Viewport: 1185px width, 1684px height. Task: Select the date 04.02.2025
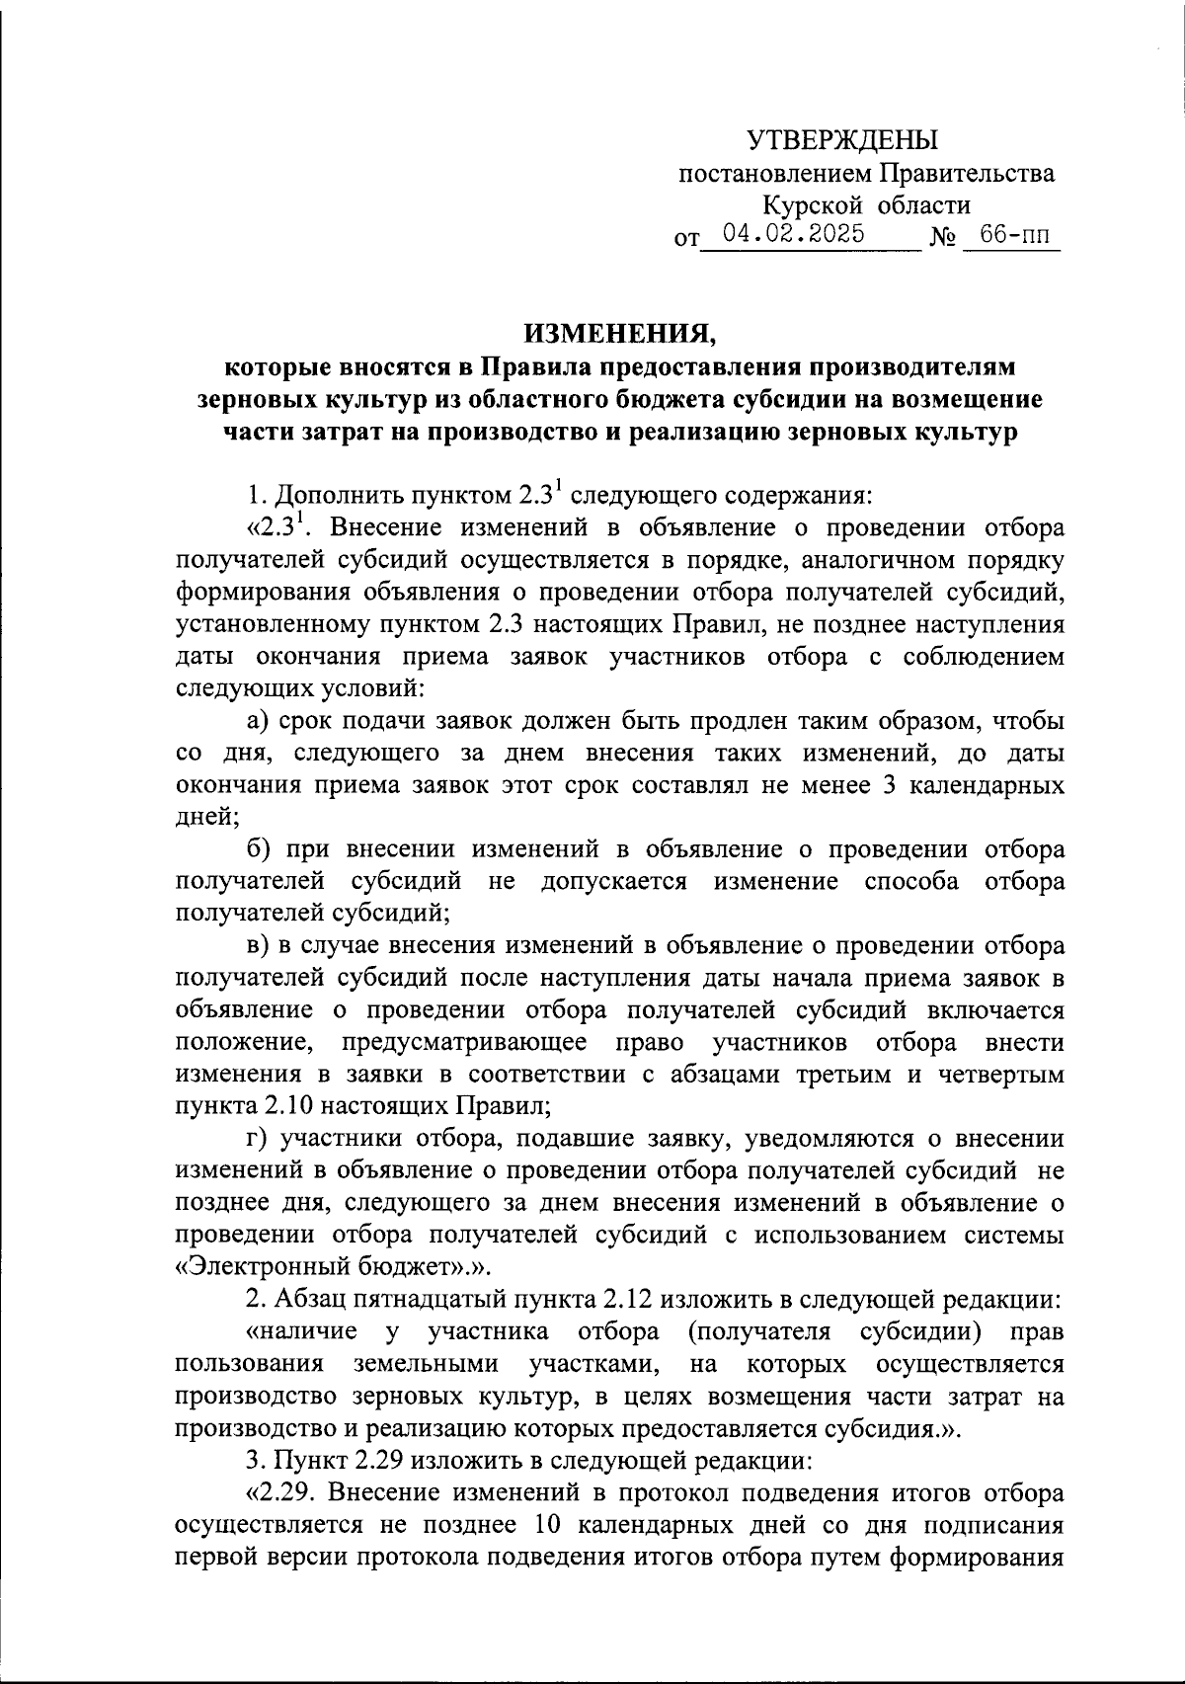794,234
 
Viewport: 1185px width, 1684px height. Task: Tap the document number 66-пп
1010,235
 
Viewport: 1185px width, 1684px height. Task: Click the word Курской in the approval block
804,205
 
